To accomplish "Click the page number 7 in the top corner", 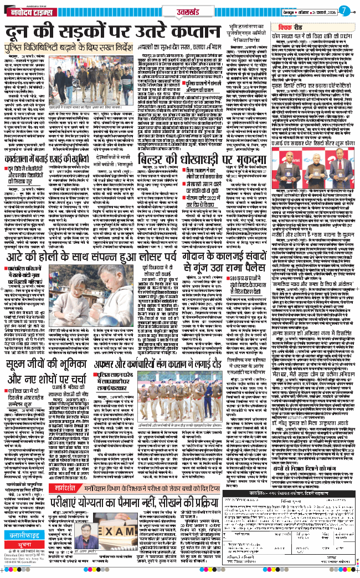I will point(344,9).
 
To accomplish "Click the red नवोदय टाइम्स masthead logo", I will point(30,12).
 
